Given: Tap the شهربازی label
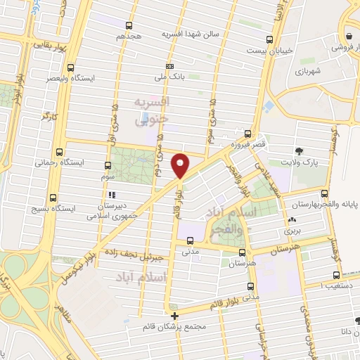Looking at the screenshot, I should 308,72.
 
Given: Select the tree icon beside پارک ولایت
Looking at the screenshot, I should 300,150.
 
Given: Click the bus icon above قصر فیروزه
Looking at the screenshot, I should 247,133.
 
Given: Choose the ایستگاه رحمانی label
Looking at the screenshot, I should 82,162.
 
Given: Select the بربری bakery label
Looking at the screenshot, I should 292,230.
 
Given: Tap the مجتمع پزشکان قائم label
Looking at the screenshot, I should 174,327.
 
